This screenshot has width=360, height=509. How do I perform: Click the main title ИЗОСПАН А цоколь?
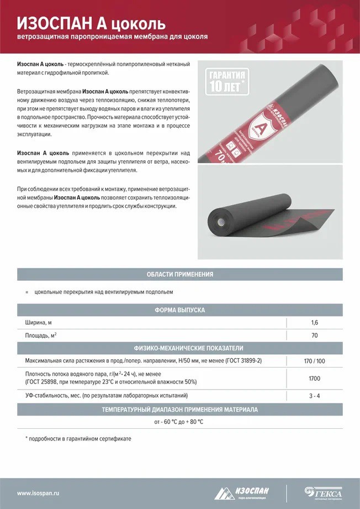coord(92,23)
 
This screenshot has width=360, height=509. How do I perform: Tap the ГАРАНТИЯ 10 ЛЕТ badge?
coord(227,82)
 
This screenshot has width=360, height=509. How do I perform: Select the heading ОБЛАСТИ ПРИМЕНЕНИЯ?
coord(179,274)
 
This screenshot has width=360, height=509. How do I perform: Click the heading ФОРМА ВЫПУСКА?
coord(179,310)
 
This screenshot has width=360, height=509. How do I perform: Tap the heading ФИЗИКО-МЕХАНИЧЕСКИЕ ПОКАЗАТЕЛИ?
coord(179,348)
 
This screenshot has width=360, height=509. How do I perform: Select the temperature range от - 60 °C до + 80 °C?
coord(179,422)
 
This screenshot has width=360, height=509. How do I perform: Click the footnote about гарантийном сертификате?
coord(78,438)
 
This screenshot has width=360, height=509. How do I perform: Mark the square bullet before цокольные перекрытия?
coord(27,292)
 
